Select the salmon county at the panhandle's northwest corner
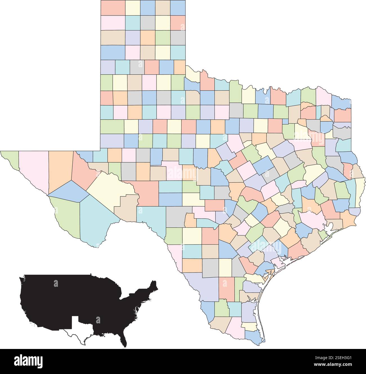[x=113, y=8]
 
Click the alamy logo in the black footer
[x=28, y=361]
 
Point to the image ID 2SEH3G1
[x=343, y=361]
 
